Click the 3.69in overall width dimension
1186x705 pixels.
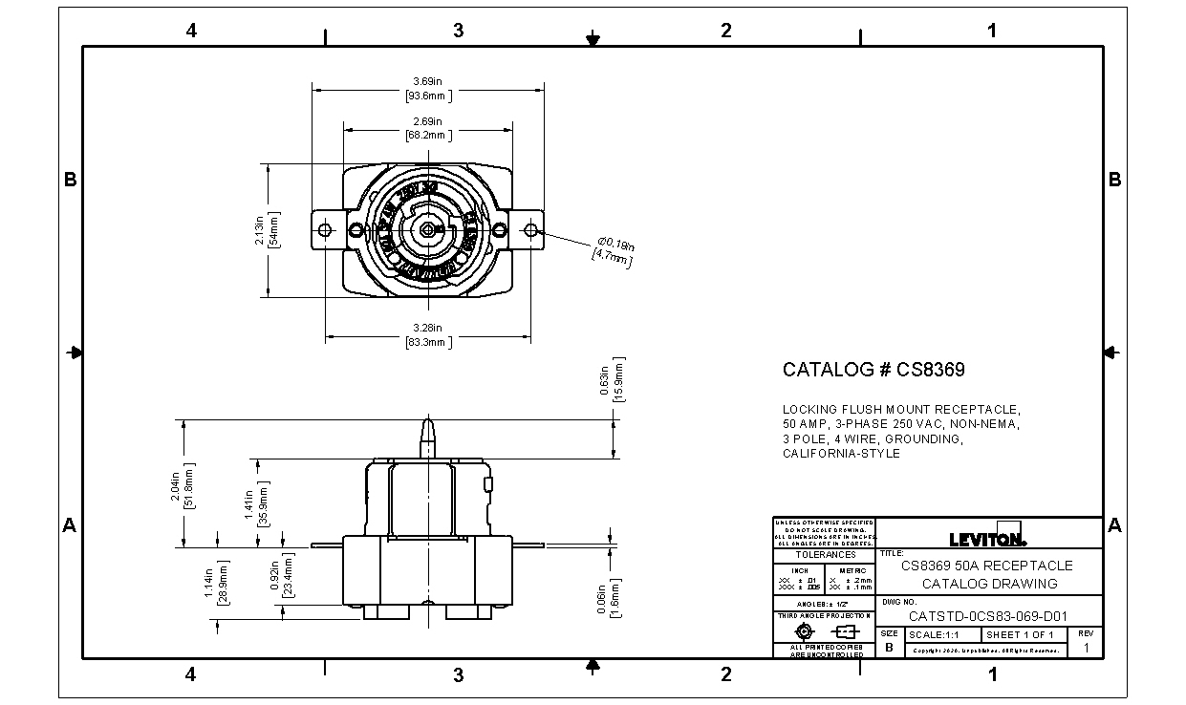(x=427, y=87)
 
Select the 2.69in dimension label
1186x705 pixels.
(x=427, y=128)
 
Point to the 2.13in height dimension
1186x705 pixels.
(x=266, y=229)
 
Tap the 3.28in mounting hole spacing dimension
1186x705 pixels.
(x=427, y=334)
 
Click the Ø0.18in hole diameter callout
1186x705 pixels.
(x=613, y=250)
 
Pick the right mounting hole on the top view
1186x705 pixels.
(x=530, y=230)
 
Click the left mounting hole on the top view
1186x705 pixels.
(x=325, y=230)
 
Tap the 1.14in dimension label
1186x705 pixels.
(x=216, y=580)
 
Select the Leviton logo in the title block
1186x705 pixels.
(x=987, y=536)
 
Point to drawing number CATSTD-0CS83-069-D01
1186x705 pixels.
(x=988, y=616)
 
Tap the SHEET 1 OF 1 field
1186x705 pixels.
(x=1020, y=635)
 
